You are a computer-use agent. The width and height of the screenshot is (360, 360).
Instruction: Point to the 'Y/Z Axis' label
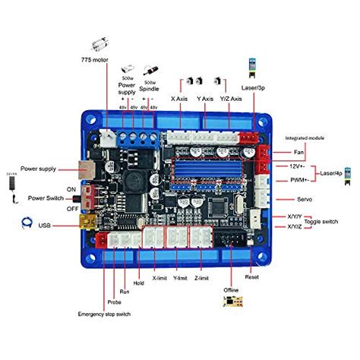click(x=232, y=99)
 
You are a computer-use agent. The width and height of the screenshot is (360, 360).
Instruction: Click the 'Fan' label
click(x=300, y=153)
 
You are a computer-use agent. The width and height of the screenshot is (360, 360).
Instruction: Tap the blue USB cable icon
click(x=27, y=224)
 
